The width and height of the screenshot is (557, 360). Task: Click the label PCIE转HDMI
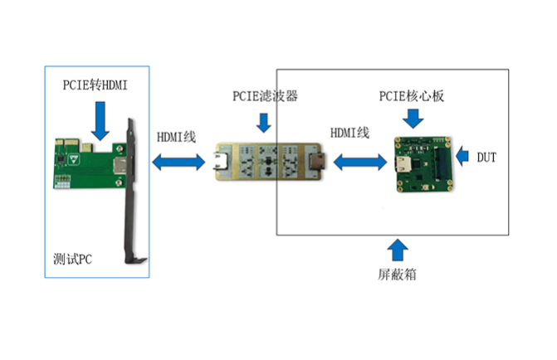tap(95, 85)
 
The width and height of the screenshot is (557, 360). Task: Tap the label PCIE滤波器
tap(265, 96)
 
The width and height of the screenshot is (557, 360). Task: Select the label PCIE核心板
tap(412, 96)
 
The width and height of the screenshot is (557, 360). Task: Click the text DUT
tap(486, 157)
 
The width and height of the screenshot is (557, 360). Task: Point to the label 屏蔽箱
tap(397, 275)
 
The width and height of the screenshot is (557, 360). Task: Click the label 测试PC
tap(72, 259)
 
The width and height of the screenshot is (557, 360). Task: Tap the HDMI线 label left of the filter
tap(176, 137)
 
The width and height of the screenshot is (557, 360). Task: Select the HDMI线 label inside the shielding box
tap(349, 133)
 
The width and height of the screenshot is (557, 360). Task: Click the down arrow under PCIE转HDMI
tap(100, 121)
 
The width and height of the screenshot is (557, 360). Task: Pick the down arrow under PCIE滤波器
tap(264, 123)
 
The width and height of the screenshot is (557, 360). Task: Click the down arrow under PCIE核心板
tap(413, 119)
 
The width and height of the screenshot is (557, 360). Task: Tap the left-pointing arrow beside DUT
tap(462, 156)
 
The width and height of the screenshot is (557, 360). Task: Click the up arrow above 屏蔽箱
tap(398, 250)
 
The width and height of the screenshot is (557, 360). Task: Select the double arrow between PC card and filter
tap(178, 163)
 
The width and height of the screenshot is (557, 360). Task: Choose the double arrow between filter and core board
tap(360, 162)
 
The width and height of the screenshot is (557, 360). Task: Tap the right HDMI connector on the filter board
tap(315, 162)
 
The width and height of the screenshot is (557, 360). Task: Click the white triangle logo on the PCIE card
tap(74, 159)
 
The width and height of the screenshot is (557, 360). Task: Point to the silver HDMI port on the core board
tap(404, 164)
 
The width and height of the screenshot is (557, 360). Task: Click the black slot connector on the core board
tap(441, 163)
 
